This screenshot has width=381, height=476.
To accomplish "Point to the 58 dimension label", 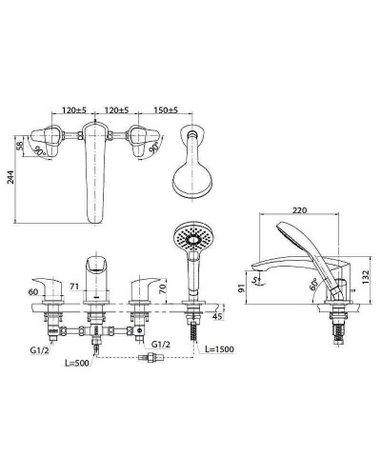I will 19,146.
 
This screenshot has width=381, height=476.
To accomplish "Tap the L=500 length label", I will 79,363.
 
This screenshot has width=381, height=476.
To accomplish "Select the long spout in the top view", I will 96,176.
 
